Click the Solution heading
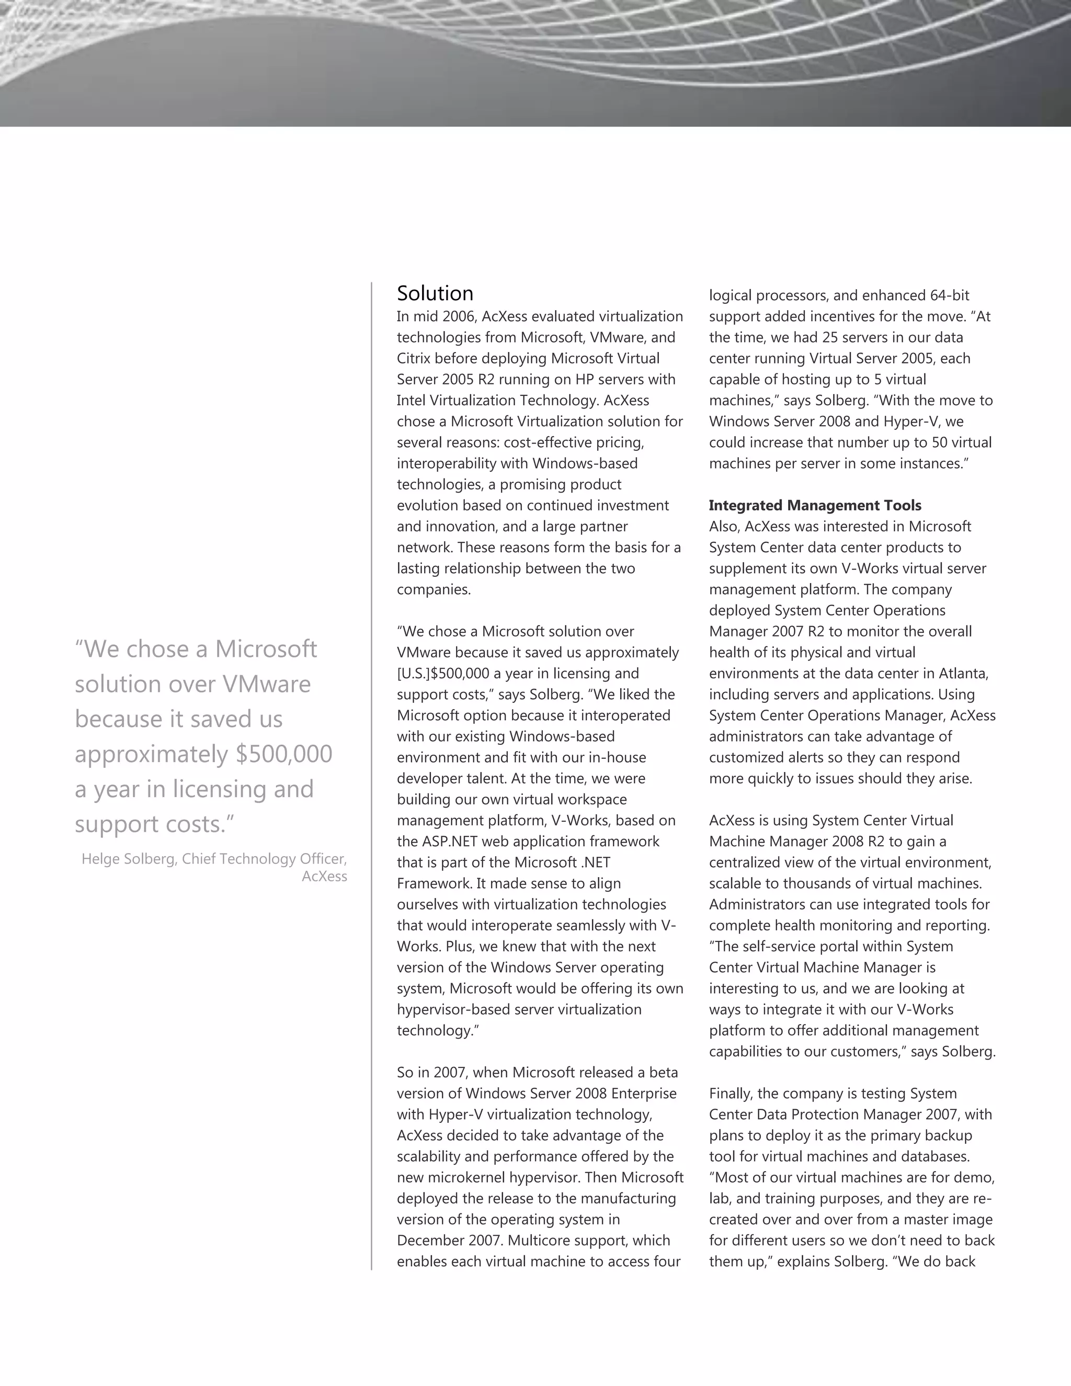coord(435,293)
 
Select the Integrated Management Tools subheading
coord(815,505)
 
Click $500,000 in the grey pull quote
coord(283,754)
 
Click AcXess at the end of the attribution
coord(324,877)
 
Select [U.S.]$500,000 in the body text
coord(443,673)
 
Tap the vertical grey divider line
coord(372,762)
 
